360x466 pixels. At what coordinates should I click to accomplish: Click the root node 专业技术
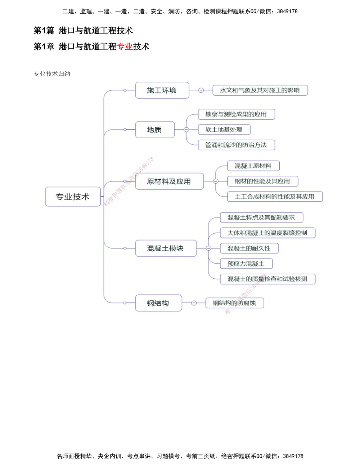point(73,197)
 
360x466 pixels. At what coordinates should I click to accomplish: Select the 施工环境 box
point(162,90)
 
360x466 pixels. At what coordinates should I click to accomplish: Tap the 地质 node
point(154,130)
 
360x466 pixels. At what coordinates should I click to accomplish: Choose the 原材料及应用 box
point(169,182)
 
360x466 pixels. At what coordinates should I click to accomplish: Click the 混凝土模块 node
point(166,248)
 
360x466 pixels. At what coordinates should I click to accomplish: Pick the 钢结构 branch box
point(158,303)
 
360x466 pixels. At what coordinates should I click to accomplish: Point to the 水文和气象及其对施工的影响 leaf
point(260,90)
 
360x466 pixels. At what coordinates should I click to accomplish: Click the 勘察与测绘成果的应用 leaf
point(236,114)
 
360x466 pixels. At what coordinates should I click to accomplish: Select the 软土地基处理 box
point(224,130)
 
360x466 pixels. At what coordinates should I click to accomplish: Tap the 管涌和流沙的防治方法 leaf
point(236,145)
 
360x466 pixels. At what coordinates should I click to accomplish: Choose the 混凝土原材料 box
point(253,166)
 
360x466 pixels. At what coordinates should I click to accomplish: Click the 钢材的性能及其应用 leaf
point(262,181)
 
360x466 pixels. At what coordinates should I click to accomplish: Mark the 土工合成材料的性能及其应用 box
point(275,197)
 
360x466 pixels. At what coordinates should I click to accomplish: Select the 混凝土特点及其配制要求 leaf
point(261,218)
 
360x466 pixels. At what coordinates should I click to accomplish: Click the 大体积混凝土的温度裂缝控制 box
point(267,233)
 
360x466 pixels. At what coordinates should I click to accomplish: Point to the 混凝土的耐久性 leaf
point(249,248)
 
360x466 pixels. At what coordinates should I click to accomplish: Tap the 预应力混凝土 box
point(246,264)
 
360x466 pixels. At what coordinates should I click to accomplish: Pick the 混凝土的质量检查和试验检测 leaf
point(267,279)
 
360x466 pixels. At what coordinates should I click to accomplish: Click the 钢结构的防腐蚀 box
point(234,303)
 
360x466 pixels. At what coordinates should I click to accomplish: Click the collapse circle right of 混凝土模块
point(208,248)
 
